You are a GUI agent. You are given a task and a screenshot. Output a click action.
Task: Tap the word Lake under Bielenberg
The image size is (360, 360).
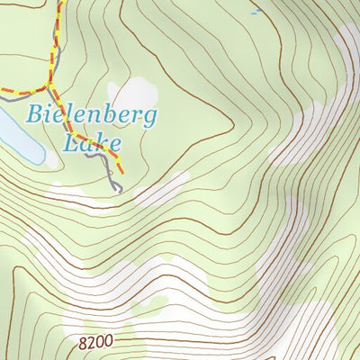94,142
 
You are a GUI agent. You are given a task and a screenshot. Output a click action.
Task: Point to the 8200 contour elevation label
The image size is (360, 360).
97,343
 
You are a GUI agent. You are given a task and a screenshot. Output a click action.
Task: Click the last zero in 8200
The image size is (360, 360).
111,343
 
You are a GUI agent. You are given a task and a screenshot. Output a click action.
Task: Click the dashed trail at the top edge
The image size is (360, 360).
60,4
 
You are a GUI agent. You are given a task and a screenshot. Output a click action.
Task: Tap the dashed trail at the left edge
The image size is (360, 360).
4,91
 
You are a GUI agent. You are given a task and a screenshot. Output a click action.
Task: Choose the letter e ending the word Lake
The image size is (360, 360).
115,144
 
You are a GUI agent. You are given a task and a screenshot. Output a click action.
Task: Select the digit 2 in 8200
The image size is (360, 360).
93,343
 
